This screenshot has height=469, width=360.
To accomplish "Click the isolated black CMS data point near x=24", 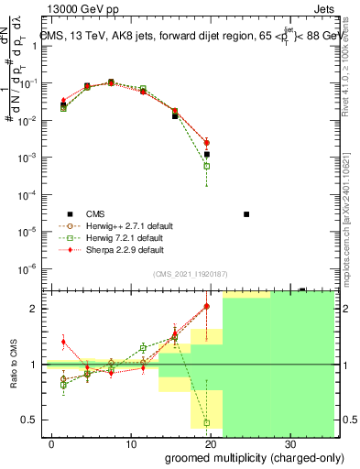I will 246,214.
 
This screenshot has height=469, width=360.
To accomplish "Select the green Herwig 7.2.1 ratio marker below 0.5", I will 207,423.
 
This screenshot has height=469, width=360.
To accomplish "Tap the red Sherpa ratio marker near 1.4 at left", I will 62,342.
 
